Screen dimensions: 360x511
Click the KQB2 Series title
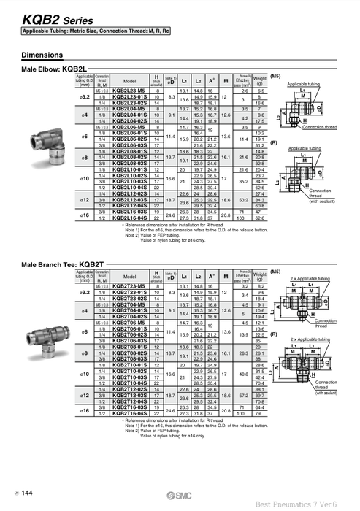pos(42,22)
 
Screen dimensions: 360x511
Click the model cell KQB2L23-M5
pos(130,89)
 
